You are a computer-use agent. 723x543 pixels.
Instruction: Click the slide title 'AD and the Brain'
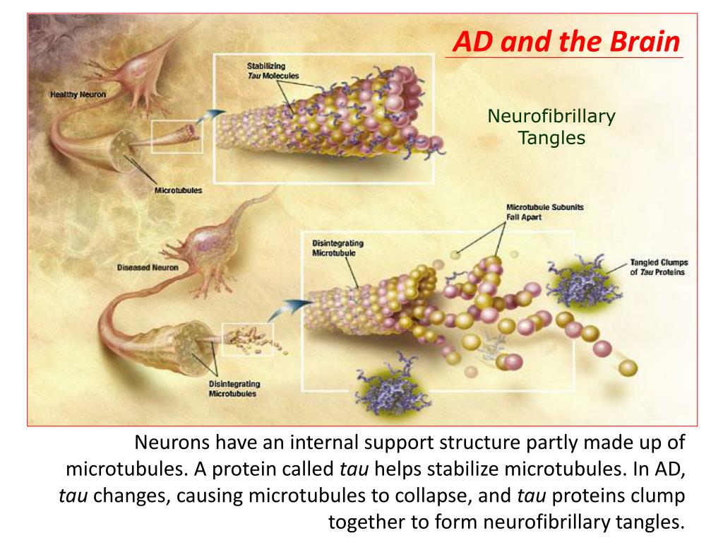[566, 42]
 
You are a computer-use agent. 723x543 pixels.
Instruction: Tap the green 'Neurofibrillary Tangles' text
[551, 127]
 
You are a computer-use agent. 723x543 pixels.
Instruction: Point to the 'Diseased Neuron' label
[148, 268]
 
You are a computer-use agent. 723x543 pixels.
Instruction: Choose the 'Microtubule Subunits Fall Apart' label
[544, 212]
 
